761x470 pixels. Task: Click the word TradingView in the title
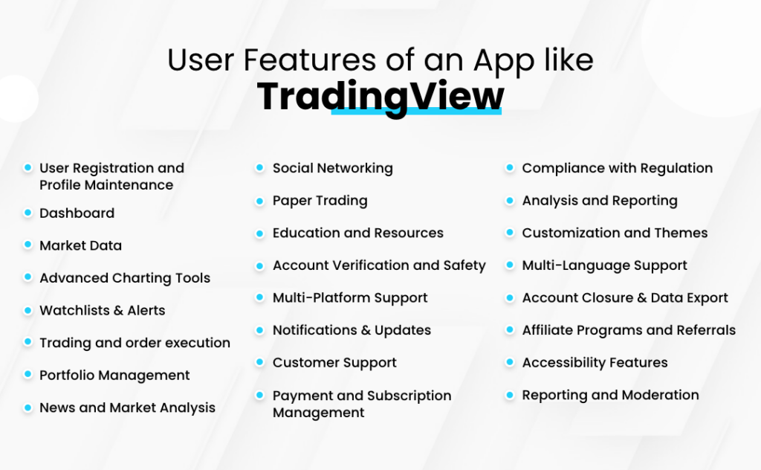pos(380,97)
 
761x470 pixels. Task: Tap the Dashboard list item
pos(77,213)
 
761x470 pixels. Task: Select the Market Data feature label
pos(80,245)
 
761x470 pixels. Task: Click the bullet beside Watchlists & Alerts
pos(27,309)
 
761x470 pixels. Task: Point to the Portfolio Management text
pos(114,376)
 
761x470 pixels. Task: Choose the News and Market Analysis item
pos(127,408)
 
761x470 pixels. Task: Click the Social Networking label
pos(332,168)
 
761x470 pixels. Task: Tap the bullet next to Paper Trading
pos(259,201)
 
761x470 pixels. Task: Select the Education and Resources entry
pos(357,233)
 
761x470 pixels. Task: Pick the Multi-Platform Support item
pos(350,297)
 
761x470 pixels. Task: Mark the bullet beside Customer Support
pos(259,362)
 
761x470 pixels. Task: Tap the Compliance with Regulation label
pos(617,168)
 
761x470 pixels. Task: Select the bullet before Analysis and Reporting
pos(509,201)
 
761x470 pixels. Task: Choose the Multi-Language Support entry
pos(604,265)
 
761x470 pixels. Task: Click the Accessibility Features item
pos(595,363)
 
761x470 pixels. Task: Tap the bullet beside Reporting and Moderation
pos(509,395)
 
